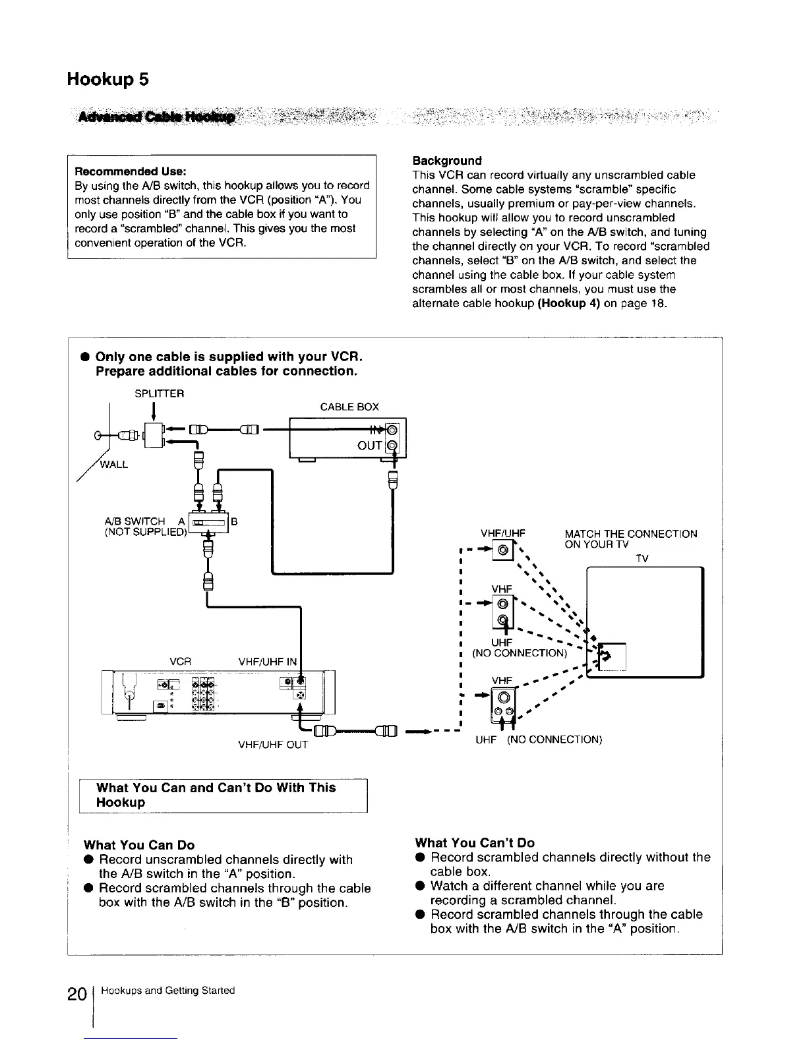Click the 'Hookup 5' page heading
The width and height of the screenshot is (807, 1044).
107,80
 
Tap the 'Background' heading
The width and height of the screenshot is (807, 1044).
446,160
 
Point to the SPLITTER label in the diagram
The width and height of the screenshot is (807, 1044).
159,393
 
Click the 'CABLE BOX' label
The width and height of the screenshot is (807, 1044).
349,407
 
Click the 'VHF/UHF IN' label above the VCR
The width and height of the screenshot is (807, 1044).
268,661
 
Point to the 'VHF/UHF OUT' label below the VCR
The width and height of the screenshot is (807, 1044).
273,745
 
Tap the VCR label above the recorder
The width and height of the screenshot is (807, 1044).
181,661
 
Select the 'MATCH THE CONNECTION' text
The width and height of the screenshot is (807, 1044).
631,534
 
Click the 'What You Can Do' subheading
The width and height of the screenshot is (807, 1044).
139,845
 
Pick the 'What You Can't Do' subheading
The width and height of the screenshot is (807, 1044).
475,842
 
